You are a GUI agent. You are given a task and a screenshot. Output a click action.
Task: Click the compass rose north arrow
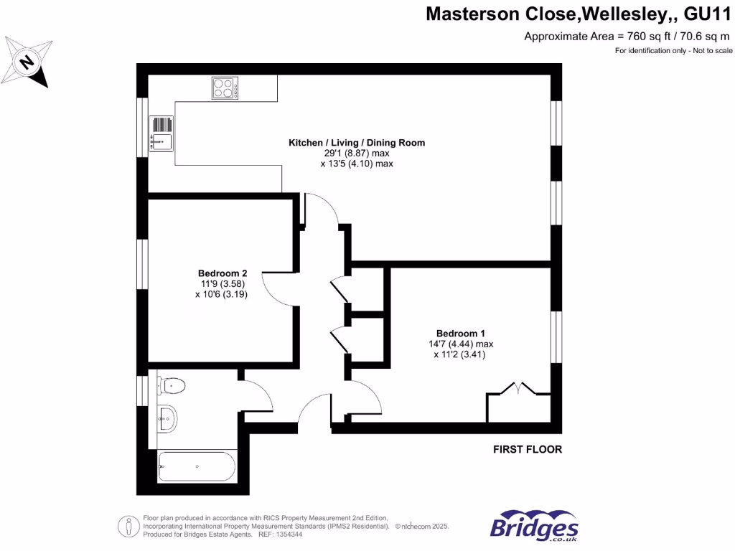click(x=27, y=62)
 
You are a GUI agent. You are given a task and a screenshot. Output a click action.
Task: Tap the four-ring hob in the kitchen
click(x=225, y=88)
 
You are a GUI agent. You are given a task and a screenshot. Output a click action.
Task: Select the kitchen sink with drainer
click(x=161, y=134)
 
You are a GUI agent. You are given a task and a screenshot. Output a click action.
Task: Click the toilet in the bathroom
click(x=172, y=386)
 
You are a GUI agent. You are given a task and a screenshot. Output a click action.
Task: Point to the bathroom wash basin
click(x=167, y=418)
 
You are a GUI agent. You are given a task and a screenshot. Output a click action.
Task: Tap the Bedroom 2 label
click(x=223, y=273)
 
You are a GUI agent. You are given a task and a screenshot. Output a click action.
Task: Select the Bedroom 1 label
click(x=461, y=333)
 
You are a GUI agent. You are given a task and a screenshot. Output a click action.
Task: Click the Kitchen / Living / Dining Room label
click(x=357, y=143)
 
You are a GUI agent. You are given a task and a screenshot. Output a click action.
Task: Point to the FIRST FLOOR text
click(x=527, y=450)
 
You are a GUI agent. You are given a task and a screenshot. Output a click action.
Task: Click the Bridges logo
click(x=534, y=526)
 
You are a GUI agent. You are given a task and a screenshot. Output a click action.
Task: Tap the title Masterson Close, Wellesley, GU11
click(x=579, y=14)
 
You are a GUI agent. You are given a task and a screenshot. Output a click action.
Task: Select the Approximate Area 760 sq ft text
click(x=629, y=37)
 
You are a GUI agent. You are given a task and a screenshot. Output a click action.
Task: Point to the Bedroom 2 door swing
click(x=276, y=288)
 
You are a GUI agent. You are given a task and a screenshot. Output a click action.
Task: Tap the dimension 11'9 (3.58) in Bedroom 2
click(x=222, y=283)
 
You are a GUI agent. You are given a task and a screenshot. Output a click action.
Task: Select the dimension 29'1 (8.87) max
click(x=357, y=154)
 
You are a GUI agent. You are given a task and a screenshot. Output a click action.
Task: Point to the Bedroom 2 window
click(x=142, y=265)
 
